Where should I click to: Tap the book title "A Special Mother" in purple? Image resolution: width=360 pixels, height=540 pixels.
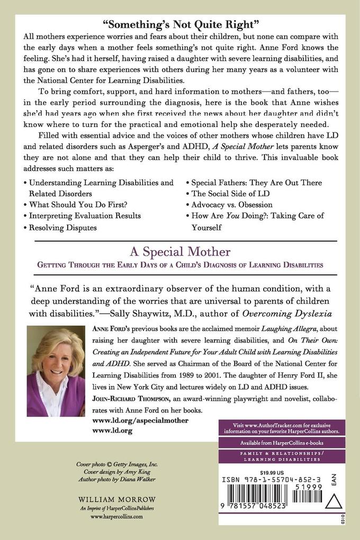point(179,250)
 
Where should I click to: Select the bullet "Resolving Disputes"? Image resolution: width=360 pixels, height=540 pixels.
point(63,227)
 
